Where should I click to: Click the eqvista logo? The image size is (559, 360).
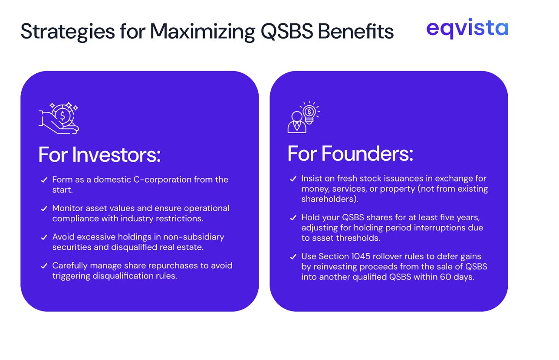tap(467, 29)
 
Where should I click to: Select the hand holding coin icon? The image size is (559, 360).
tap(59, 117)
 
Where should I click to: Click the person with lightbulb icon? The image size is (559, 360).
tap(303, 117)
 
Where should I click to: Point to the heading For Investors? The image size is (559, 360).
tap(99, 155)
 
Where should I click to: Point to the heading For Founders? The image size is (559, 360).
tap(350, 154)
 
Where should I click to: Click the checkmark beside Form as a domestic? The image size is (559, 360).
tap(44, 180)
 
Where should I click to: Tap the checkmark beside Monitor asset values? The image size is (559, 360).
tap(44, 209)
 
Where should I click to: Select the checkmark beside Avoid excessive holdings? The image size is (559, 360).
tap(44, 237)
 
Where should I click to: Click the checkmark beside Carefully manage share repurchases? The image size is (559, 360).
tap(44, 266)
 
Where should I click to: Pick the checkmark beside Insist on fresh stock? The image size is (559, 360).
tap(293, 179)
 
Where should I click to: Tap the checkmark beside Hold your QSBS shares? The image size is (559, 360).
tap(293, 217)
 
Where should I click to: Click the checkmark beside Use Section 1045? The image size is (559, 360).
tap(293, 257)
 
